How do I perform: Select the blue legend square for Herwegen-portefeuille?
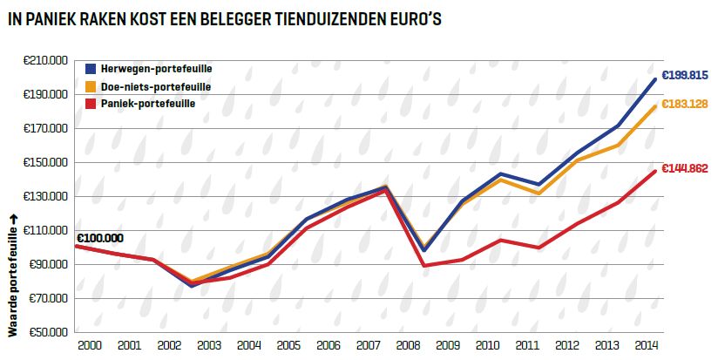click(x=90, y=68)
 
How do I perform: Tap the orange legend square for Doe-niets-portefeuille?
click(x=90, y=87)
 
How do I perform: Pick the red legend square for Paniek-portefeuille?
click(x=90, y=104)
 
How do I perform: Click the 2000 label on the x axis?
click(x=90, y=346)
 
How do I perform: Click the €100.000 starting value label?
click(x=99, y=237)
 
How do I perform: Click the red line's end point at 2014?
click(x=656, y=171)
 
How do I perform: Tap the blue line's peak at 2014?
click(x=656, y=79)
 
